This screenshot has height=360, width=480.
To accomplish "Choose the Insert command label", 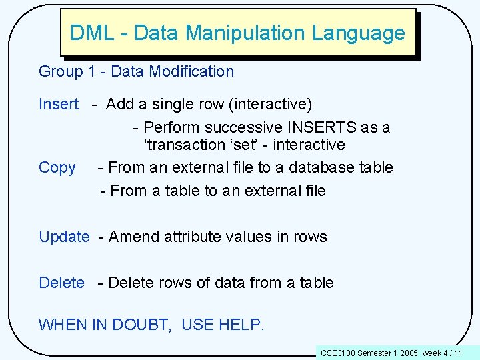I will (59, 105).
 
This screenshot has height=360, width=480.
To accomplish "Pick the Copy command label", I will (57, 167).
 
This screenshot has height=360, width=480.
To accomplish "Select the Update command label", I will (64, 237).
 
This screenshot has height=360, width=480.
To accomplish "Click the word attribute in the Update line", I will (193, 237).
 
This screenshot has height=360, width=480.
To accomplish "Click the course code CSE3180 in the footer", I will (338, 352).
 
